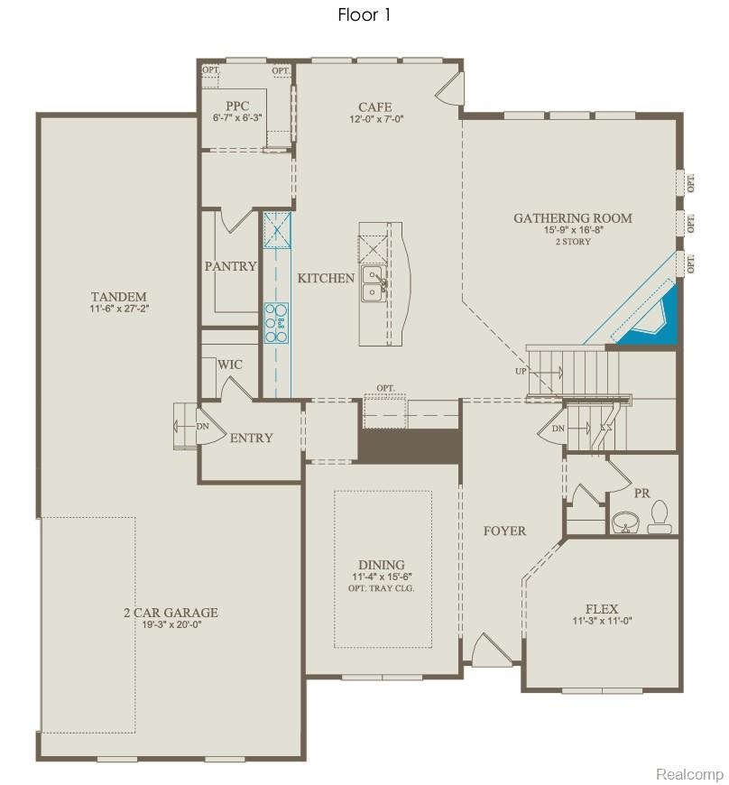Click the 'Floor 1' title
pos(364,14)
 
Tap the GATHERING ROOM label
pos(572,218)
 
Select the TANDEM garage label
pos(118,297)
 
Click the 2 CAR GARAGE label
pos(171,613)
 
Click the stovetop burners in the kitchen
pos(276,322)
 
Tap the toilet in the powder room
pos(660,517)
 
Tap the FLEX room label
pos(601,609)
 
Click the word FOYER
pos(504,531)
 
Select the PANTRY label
pos(230,266)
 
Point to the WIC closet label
pos(229,365)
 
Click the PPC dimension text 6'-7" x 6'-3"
pos(237,118)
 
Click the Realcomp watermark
pos(689,774)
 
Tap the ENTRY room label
pos(251,438)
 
